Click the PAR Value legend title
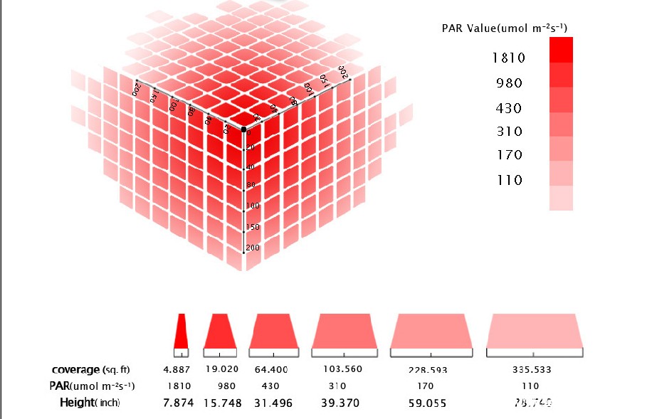(505, 28)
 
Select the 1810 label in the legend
(509, 58)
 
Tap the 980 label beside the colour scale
(509, 83)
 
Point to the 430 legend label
(509, 109)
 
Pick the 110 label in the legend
(509, 181)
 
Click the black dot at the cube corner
(243, 129)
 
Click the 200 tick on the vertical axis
(252, 248)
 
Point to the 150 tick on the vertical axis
(252, 228)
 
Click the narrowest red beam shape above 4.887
(181, 331)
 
